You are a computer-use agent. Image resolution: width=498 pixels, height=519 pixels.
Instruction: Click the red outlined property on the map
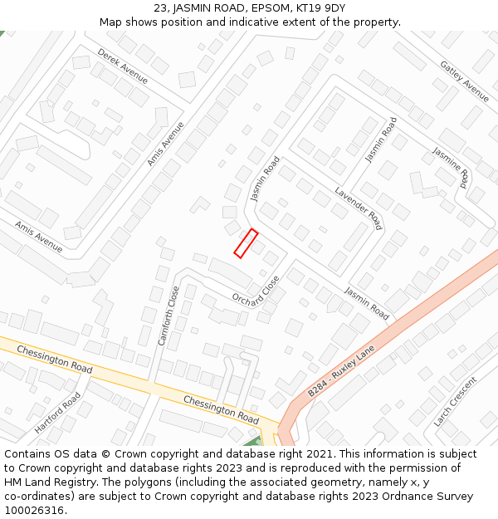pos(246,243)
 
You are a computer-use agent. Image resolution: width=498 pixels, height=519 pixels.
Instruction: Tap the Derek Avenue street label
pos(122,66)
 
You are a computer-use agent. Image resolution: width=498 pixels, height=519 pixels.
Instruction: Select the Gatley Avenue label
pos(464,81)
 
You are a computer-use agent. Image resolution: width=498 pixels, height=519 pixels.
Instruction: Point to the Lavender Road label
pos(358,208)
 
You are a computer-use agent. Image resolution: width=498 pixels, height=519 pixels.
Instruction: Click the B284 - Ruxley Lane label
pos(341,370)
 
